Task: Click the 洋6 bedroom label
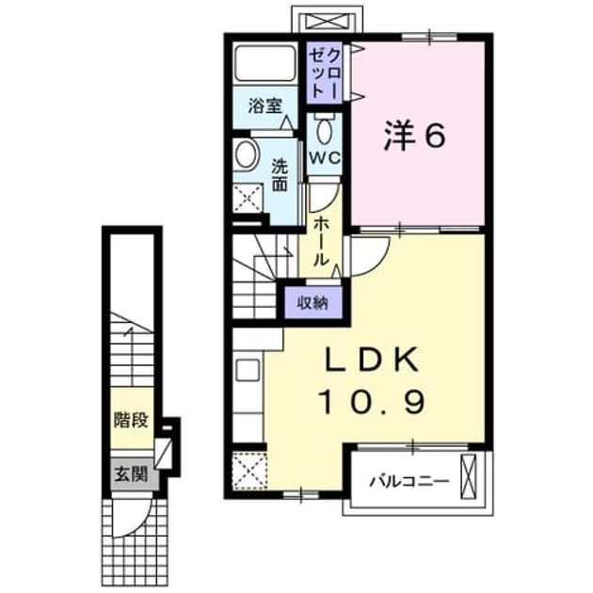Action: pyautogui.click(x=415, y=136)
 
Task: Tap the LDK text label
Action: pyautogui.click(x=372, y=359)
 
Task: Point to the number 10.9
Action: pyautogui.click(x=373, y=402)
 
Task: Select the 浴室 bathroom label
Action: pyautogui.click(x=265, y=105)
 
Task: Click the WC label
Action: pyautogui.click(x=324, y=158)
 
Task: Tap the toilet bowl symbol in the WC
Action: pyautogui.click(x=324, y=130)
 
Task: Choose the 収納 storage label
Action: pyautogui.click(x=313, y=302)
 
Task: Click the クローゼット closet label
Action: pyautogui.click(x=325, y=73)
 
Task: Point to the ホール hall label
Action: pyautogui.click(x=320, y=241)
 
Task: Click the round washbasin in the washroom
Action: pyautogui.click(x=246, y=155)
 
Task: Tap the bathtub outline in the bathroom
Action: pyautogui.click(x=264, y=63)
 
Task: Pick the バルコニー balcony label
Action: pyautogui.click(x=409, y=481)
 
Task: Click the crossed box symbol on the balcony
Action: pyautogui.click(x=468, y=476)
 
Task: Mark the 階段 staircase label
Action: pyautogui.click(x=131, y=420)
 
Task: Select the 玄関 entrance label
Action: pyautogui.click(x=131, y=473)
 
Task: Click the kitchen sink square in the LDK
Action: pyautogui.click(x=248, y=370)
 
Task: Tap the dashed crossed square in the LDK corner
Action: pyautogui.click(x=249, y=471)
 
